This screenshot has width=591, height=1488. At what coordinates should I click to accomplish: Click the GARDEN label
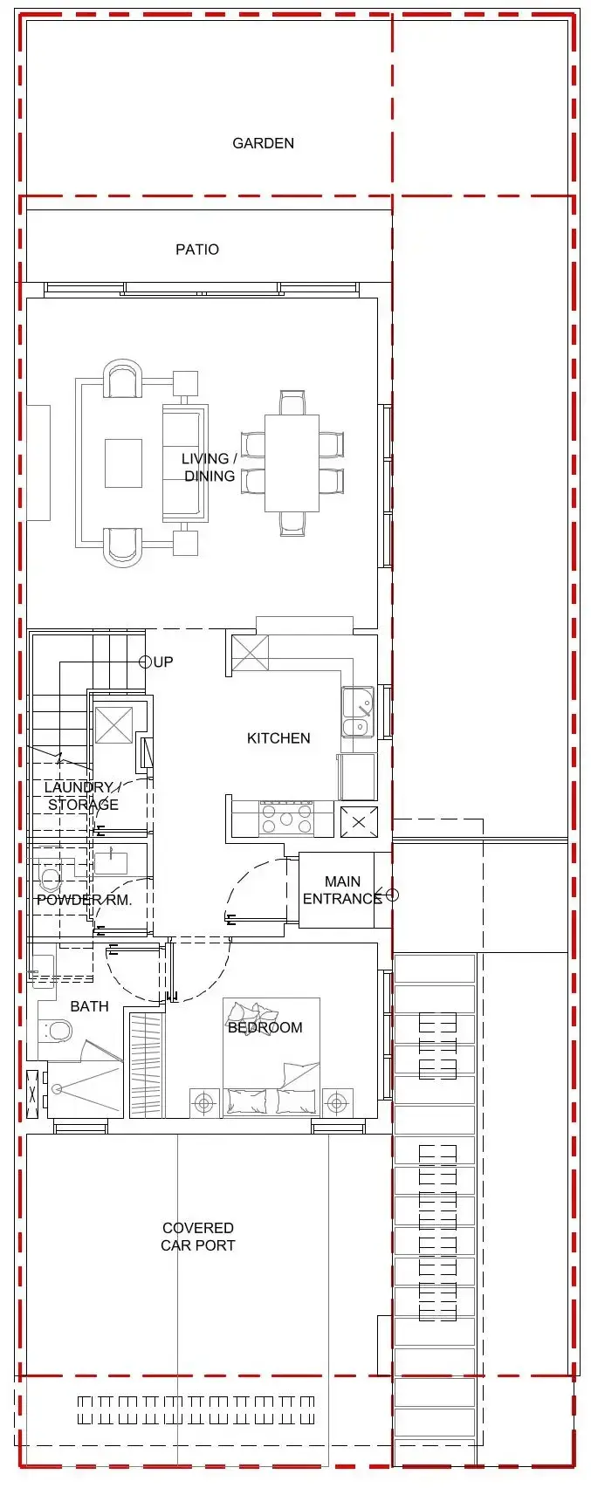pyautogui.click(x=263, y=143)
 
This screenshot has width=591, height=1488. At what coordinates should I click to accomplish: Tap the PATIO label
pyautogui.click(x=197, y=250)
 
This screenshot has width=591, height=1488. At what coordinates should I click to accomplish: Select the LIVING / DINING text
pyautogui.click(x=209, y=467)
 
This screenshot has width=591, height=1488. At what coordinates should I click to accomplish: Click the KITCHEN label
pyautogui.click(x=278, y=738)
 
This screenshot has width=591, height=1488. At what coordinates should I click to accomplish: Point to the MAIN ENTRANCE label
pyautogui.click(x=342, y=890)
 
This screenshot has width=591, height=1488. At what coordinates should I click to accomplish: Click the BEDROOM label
pyautogui.click(x=265, y=1028)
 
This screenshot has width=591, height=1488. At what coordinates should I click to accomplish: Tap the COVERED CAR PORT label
pyautogui.click(x=198, y=1237)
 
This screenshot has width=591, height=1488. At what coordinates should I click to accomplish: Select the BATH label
pyautogui.click(x=89, y=1007)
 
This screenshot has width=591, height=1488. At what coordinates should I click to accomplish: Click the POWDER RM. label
pyautogui.click(x=84, y=900)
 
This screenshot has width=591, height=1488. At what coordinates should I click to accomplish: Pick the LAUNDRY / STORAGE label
pyautogui.click(x=83, y=796)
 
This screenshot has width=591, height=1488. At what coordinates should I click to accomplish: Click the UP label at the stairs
pyautogui.click(x=163, y=662)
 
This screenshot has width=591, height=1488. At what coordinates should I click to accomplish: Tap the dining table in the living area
pyautogui.click(x=292, y=463)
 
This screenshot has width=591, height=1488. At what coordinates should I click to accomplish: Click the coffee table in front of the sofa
pyautogui.click(x=123, y=463)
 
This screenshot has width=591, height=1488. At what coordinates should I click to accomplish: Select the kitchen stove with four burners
pyautogui.click(x=286, y=819)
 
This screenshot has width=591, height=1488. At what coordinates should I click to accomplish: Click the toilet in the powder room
pyautogui.click(x=51, y=878)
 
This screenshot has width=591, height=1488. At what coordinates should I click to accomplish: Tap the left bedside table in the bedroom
pyautogui.click(x=204, y=1103)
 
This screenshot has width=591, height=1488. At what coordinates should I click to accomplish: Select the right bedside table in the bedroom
pyautogui.click(x=337, y=1103)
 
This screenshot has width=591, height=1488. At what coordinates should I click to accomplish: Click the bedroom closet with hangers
pyautogui.click(x=146, y=1065)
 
